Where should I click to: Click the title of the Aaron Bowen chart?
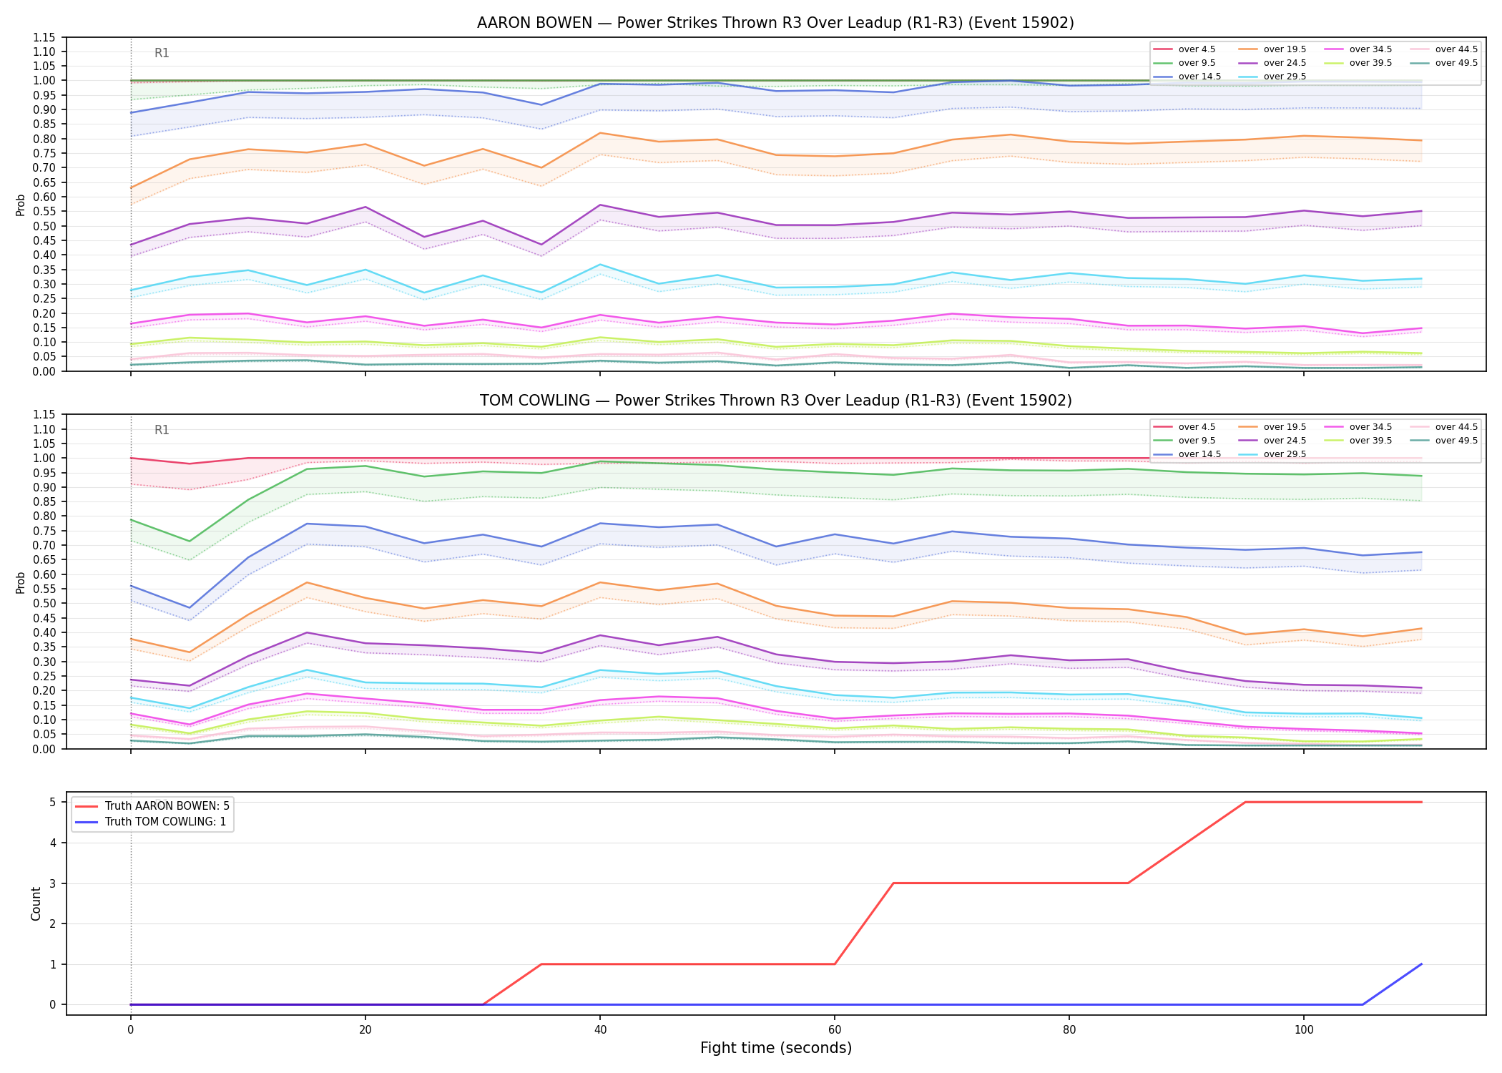click(x=775, y=23)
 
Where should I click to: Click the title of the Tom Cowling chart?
click(x=775, y=401)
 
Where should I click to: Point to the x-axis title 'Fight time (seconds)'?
click(x=776, y=1048)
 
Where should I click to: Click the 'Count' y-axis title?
click(x=36, y=903)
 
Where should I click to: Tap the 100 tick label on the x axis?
click(x=1304, y=1030)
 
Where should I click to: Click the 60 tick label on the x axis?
click(x=835, y=1030)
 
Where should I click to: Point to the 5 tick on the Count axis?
click(x=53, y=802)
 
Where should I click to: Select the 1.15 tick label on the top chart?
click(x=45, y=37)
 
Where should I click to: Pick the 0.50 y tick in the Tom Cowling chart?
click(x=45, y=603)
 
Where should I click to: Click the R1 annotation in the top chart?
click(x=162, y=53)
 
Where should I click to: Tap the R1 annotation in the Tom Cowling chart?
click(x=162, y=430)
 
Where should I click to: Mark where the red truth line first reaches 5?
click(x=1245, y=802)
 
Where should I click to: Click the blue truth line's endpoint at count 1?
click(x=1421, y=964)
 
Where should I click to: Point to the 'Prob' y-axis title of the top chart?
click(x=21, y=205)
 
